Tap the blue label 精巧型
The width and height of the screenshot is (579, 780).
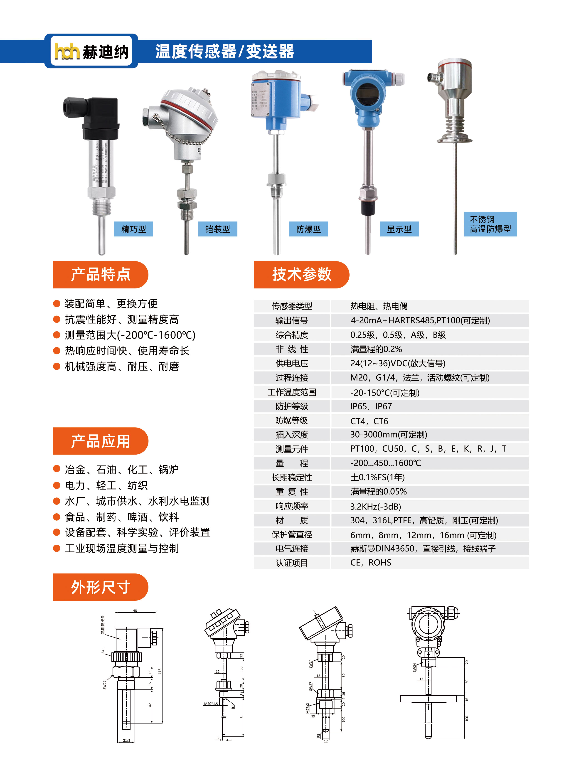coord(133,229)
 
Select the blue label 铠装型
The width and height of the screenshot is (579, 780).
coord(218,229)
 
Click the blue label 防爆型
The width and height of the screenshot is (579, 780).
coord(308,229)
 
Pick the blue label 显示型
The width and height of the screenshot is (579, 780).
coord(399,229)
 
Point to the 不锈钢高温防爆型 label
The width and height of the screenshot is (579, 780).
coord(490,224)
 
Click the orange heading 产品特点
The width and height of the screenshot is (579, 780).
coord(101,274)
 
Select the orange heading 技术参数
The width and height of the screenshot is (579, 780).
coord(301,274)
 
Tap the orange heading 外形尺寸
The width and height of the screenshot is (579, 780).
coord(101,587)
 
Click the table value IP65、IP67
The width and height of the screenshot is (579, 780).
coord(371,406)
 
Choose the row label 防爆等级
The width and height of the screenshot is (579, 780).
coord(292,421)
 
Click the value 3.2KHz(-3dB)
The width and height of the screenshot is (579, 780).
coord(375,506)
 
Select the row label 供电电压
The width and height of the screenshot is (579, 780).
coord(292,363)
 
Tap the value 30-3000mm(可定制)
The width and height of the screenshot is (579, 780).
coord(388,435)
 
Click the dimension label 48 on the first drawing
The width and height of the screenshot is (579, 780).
coord(135,610)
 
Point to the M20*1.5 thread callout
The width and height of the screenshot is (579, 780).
coord(211,703)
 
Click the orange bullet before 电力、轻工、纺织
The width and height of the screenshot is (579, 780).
coord(57,485)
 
